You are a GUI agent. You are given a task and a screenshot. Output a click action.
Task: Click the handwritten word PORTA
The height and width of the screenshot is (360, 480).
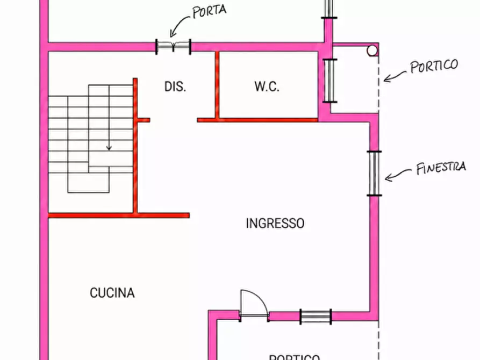click(x=210, y=11)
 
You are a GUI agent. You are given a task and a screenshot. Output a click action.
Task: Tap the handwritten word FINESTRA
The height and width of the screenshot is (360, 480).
click(x=441, y=168)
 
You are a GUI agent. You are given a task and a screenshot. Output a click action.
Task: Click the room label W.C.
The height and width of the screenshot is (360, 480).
click(x=267, y=87)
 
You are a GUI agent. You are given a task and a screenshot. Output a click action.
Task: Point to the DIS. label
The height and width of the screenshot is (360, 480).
click(x=175, y=87)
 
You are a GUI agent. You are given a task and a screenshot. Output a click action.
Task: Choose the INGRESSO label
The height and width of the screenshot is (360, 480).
click(x=275, y=223)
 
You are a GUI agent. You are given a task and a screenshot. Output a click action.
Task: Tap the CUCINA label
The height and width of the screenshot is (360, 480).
click(x=112, y=293)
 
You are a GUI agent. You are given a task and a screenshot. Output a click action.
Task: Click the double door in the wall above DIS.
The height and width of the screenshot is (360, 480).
click(x=173, y=47)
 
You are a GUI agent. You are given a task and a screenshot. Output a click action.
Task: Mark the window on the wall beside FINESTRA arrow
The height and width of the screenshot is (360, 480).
click(x=374, y=173)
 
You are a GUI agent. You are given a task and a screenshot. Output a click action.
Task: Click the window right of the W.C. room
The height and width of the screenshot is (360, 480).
click(x=330, y=81)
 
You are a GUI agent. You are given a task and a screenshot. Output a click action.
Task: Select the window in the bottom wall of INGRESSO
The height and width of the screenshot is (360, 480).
click(x=316, y=316)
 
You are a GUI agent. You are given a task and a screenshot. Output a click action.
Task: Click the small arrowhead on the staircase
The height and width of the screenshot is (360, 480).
click(x=109, y=148)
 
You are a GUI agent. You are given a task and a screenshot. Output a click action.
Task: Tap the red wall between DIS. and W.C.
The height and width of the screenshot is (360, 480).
click(x=217, y=85)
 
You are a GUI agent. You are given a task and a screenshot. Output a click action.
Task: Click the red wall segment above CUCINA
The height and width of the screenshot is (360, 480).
click(x=119, y=215)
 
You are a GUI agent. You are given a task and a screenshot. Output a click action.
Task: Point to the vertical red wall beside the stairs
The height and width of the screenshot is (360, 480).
click(x=135, y=146)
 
